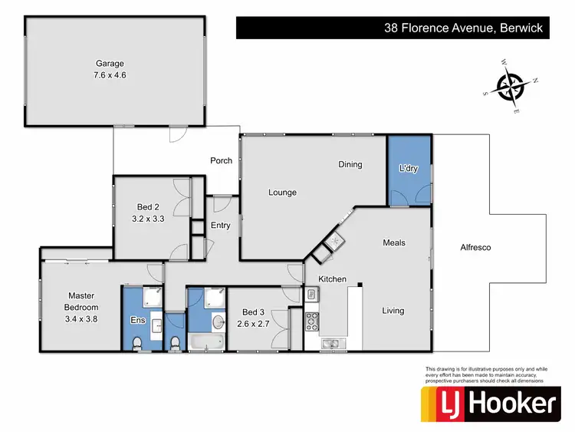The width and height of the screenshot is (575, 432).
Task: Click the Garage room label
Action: (110, 64)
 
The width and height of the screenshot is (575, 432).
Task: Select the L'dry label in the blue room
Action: (409, 169)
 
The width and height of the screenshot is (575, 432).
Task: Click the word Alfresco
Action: (475, 248)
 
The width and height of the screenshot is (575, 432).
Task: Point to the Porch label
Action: (222, 161)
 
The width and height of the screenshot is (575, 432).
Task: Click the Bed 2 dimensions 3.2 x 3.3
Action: (148, 219)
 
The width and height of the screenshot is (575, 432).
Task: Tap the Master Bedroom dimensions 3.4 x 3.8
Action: (82, 318)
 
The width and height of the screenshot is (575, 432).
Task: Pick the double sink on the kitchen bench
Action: (333, 342)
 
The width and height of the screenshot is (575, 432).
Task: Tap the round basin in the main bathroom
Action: (217, 321)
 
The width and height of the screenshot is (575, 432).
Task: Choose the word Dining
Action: (350, 164)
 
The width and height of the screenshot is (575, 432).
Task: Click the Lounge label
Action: (281, 193)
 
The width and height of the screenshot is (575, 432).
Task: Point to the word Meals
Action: (394, 243)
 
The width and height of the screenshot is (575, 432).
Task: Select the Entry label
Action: (220, 226)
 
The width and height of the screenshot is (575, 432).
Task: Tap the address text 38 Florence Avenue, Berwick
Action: (463, 28)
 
